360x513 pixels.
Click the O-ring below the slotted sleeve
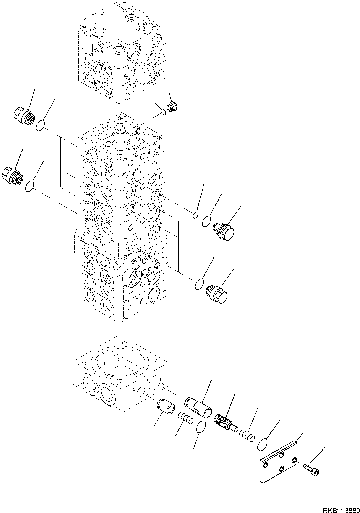[x=201, y=435]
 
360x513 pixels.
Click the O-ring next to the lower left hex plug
[x=30, y=186]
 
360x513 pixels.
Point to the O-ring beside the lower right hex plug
[x=199, y=285]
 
